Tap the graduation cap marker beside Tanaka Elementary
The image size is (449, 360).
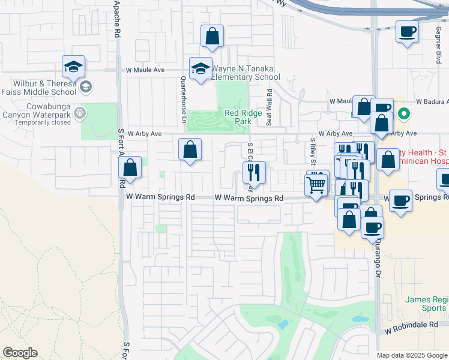200,68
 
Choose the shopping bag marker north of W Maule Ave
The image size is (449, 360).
212,36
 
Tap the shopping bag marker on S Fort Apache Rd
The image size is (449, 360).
131,167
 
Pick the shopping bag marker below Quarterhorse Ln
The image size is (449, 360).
190,149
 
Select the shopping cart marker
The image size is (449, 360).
317,184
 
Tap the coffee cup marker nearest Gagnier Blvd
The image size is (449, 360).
406,31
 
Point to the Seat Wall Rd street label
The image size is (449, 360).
269,107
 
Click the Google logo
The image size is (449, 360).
20,353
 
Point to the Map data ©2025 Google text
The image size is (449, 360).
411,355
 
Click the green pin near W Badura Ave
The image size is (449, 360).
405,112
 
